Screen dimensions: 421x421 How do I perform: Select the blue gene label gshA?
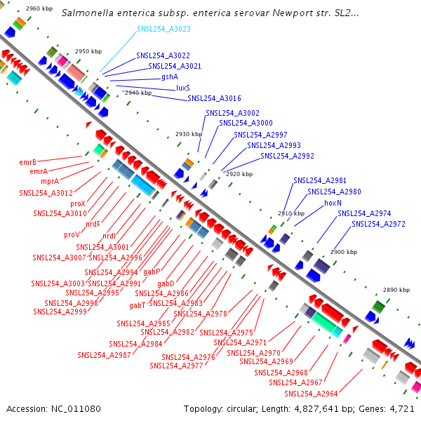[170, 77]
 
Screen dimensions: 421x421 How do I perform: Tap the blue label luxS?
[183, 88]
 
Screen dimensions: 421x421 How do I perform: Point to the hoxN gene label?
[333, 202]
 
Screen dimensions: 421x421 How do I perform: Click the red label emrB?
[28, 161]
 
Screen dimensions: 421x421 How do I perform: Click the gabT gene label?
[138, 305]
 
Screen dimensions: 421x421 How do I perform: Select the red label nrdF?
[93, 224]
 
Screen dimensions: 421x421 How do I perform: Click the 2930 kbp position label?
[188, 134]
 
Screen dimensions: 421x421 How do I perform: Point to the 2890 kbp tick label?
[396, 290]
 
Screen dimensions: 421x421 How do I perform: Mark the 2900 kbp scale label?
[344, 251]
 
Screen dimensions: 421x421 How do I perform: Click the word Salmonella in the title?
[86, 13]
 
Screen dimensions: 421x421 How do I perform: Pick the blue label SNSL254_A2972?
[378, 225]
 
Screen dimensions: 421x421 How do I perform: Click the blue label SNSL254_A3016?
[214, 99]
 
